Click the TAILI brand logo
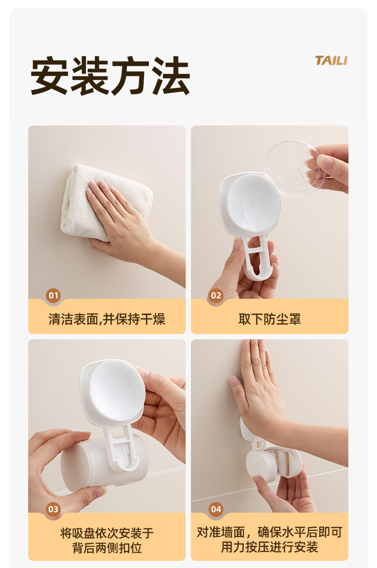[331, 61]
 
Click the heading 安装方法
[110, 75]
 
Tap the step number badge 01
[53, 295]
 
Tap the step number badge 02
[216, 295]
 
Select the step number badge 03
[53, 509]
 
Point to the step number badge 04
[216, 509]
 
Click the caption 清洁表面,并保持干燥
[107, 319]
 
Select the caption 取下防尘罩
[270, 319]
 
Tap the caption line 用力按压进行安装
[270, 547]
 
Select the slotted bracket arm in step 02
[257, 258]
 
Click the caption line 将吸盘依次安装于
[107, 533]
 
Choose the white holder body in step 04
[273, 463]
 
